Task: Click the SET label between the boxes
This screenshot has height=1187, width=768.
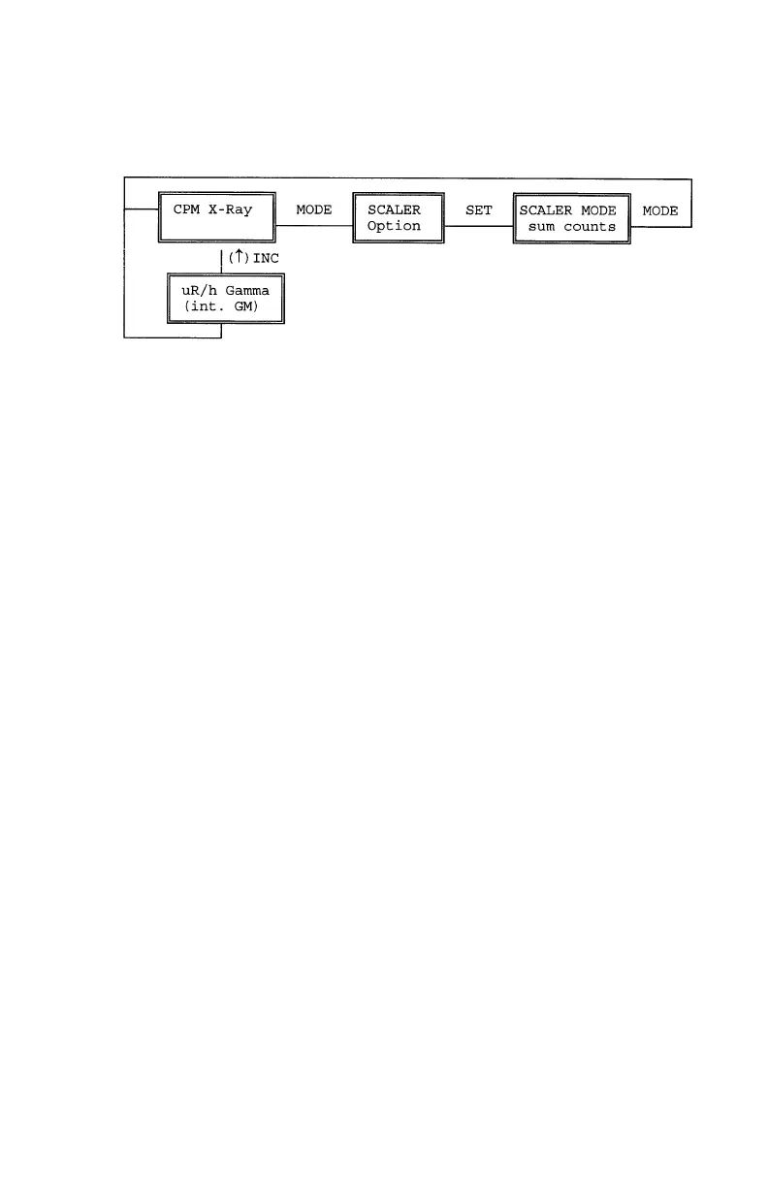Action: tap(479, 210)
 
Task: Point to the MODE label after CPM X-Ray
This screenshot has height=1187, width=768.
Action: tap(314, 210)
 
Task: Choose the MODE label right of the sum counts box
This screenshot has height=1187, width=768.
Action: tap(659, 210)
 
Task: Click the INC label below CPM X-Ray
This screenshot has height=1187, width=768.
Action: tap(266, 259)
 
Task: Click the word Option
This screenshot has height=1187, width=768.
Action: tap(394, 226)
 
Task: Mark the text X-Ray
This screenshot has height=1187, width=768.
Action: tap(234, 210)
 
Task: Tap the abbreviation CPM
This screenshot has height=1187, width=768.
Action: tap(186, 210)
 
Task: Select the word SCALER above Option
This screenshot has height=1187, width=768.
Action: tap(394, 210)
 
